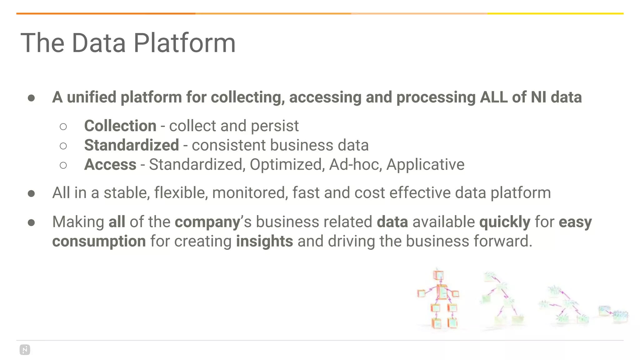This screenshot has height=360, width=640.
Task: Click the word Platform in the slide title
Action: coord(184,43)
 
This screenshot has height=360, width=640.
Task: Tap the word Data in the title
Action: coord(99,43)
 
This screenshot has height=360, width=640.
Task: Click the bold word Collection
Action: coord(120,126)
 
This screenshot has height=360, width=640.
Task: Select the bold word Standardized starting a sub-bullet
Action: coord(132,145)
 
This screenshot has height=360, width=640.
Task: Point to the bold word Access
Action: coord(110,165)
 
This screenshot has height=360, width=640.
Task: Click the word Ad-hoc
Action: coord(356,165)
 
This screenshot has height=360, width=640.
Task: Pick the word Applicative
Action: coord(425,165)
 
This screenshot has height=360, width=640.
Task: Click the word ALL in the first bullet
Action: coord(493,97)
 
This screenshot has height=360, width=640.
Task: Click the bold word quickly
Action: coord(505,222)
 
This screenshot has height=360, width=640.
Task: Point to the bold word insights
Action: coord(264,241)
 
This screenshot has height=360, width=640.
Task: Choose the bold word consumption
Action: coord(99,241)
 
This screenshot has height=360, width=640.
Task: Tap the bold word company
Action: coord(207,222)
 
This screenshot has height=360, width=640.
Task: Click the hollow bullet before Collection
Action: coord(63,127)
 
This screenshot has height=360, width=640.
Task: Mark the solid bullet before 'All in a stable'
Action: coord(31,194)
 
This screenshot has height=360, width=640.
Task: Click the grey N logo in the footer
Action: coord(25,350)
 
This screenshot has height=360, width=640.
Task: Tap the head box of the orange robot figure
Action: coord(438,275)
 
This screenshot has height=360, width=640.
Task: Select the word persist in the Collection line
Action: coord(275,126)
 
